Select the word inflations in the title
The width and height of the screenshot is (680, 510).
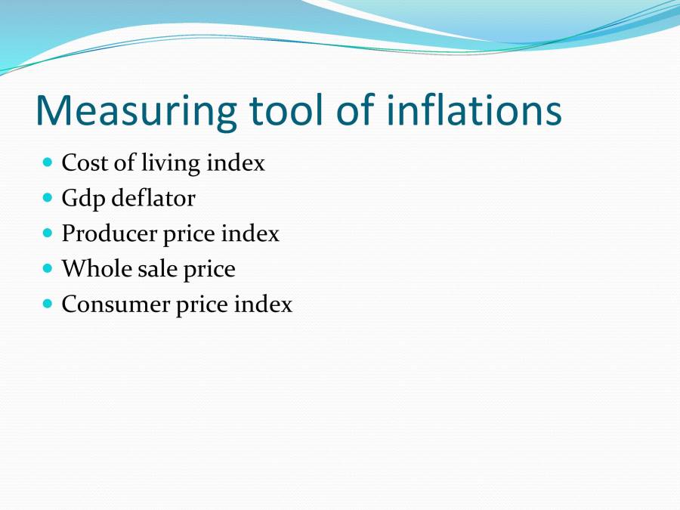[474, 110]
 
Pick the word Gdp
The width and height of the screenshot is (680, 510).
[83, 199]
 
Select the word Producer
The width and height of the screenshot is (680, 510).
[109, 233]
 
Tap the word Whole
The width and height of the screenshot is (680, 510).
[91, 268]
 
